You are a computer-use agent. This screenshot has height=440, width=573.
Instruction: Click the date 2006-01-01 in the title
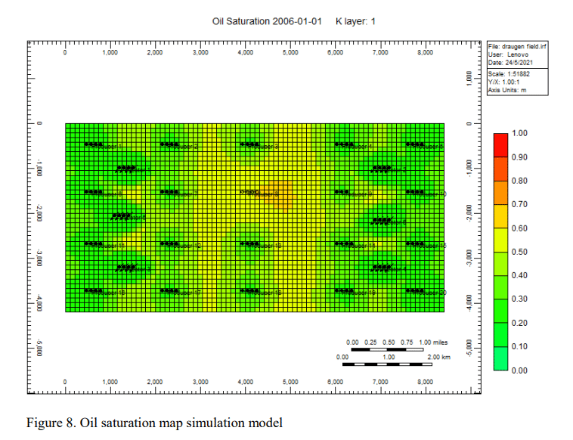pos(296,21)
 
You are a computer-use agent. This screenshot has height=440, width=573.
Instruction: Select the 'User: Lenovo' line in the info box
pos(509,55)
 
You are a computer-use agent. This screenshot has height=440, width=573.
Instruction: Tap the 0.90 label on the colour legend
pos(519,157)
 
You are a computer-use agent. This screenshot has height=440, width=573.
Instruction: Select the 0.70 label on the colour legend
pos(519,204)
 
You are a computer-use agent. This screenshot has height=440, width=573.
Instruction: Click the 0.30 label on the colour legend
pos(519,299)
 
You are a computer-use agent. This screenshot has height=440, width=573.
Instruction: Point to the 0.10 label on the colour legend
pos(519,346)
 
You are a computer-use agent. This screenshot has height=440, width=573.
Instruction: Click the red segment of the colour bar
pos(500,144)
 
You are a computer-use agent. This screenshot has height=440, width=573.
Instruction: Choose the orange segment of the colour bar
pos(500,192)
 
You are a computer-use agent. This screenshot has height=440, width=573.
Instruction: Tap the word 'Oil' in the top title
pos(220,21)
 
